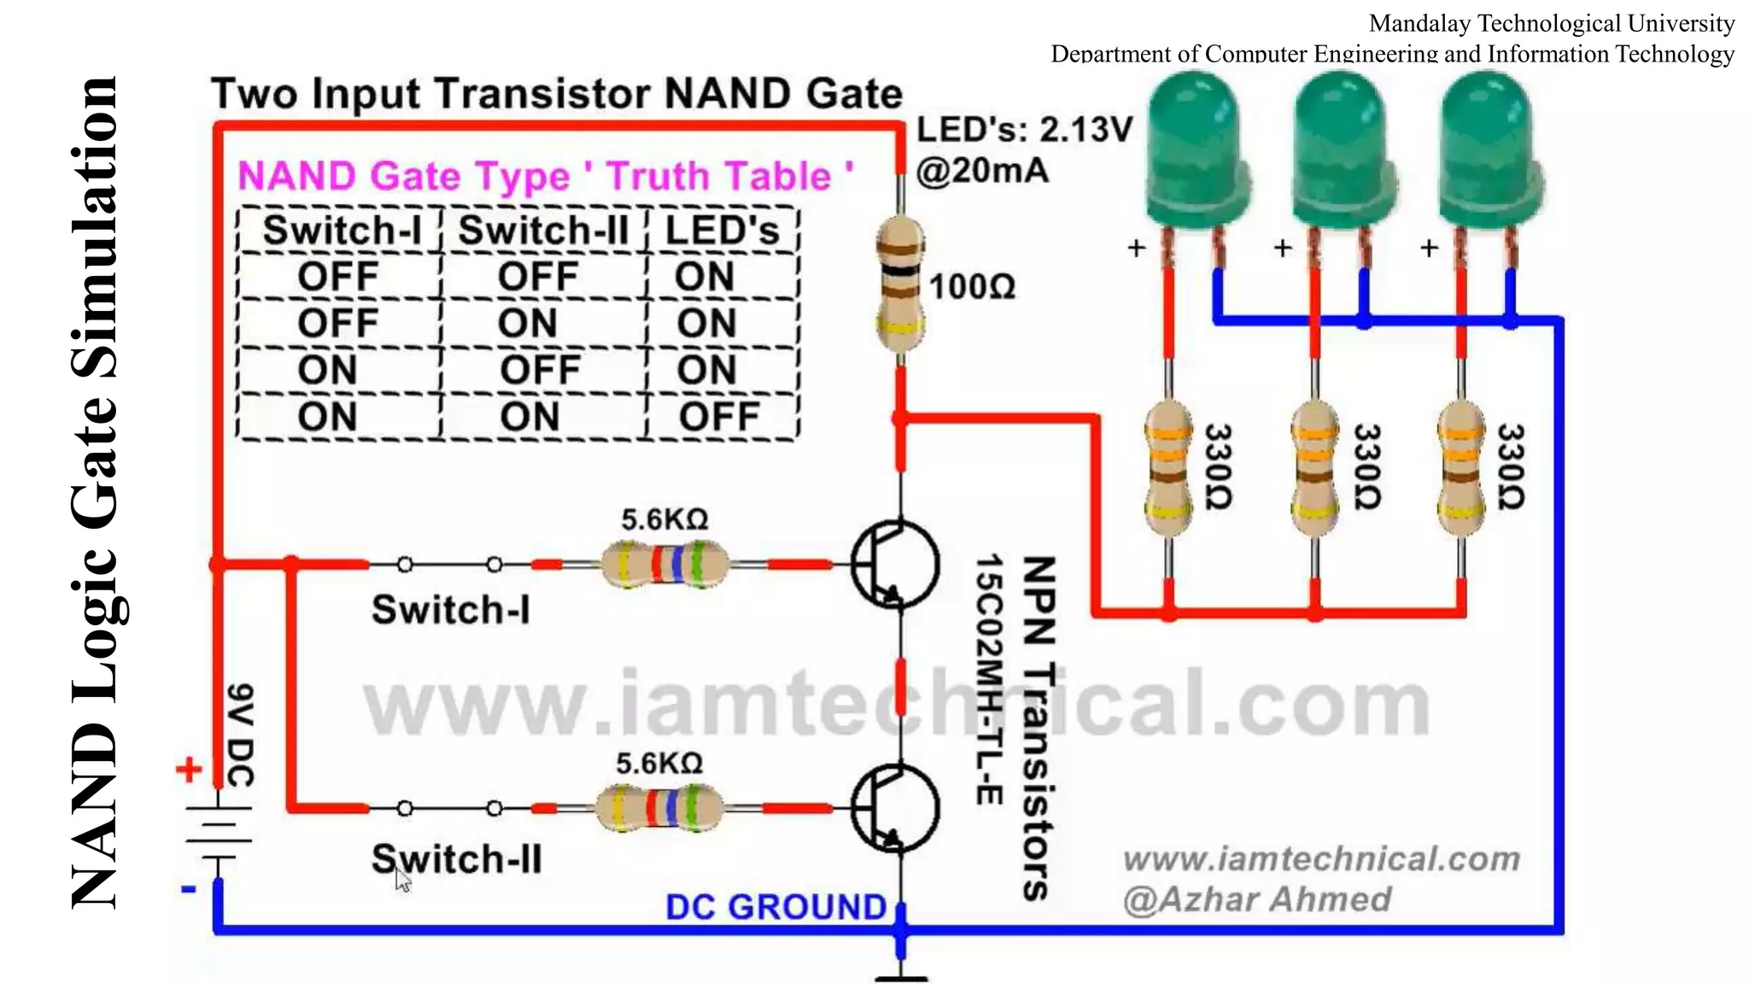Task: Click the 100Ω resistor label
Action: tap(972, 287)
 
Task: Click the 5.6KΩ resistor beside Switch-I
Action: tap(664, 564)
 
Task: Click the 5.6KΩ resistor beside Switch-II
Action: tap(659, 808)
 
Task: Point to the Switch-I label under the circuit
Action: tap(450, 610)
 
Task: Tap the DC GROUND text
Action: tap(775, 907)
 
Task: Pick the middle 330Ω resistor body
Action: tap(1315, 468)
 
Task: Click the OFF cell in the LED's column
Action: tap(719, 417)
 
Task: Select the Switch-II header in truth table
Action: tap(543, 231)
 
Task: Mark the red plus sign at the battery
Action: tap(189, 770)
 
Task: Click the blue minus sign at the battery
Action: tap(189, 890)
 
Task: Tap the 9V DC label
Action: tap(241, 735)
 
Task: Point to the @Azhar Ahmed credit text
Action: tap(1257, 899)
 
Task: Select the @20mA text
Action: tap(982, 171)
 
